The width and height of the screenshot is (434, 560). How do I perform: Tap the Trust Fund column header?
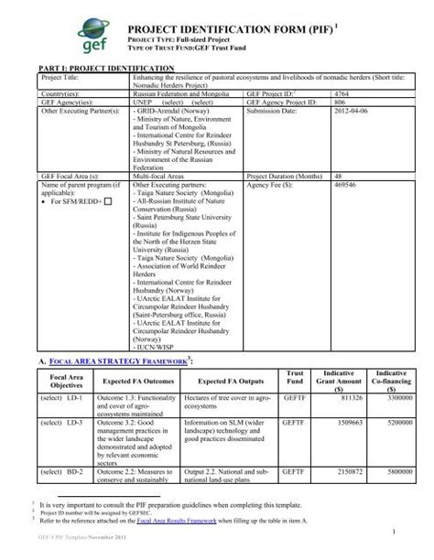(295, 378)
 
